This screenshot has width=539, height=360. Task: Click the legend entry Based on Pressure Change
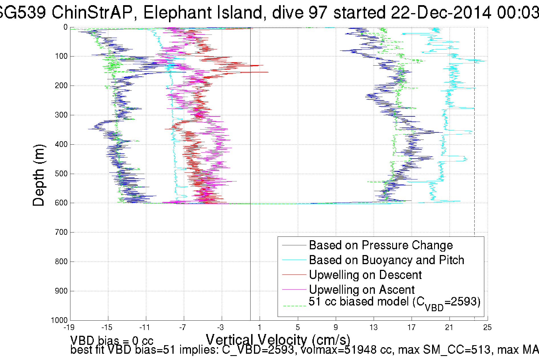coord(381,245)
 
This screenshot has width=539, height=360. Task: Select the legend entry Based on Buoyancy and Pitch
coord(387,260)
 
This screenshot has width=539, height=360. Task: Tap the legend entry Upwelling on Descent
coord(365,275)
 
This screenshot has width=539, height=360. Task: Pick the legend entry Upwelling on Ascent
coord(362,290)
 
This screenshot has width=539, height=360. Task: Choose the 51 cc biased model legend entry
coord(394,302)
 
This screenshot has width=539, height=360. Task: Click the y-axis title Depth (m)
coord(39,175)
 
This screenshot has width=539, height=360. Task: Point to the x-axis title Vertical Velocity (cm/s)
coord(278,340)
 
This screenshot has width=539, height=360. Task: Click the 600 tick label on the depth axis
coord(61,203)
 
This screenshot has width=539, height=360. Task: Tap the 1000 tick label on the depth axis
coord(59,320)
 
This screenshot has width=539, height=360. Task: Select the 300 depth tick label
coord(61,115)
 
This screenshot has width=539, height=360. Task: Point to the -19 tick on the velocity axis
coord(69,327)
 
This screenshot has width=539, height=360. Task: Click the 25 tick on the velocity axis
coord(487,327)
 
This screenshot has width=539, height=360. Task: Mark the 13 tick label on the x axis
coord(373,327)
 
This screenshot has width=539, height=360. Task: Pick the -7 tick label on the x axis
coord(183,327)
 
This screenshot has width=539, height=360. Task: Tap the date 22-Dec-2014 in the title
coord(441,13)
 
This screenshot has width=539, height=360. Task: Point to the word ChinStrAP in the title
coord(92,13)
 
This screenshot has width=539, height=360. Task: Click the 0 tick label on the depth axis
coord(65,27)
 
